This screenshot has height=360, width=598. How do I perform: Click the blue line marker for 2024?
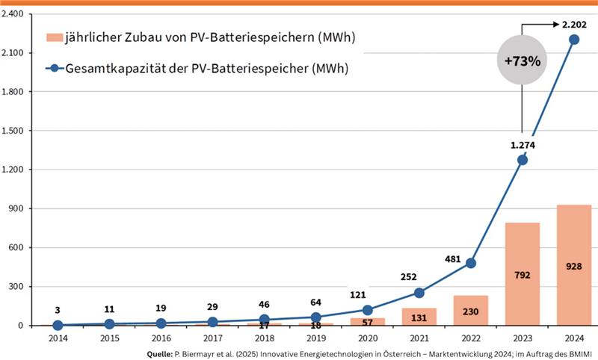(x=574, y=40)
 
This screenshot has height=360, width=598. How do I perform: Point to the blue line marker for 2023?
(x=523, y=160)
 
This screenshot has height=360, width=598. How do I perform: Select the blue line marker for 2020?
(x=367, y=310)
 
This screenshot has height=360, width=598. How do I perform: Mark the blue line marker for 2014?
(x=58, y=325)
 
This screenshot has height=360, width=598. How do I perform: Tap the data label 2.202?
(x=574, y=25)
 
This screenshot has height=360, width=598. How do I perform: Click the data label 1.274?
(x=523, y=145)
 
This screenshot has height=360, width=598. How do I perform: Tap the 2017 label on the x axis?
(x=212, y=337)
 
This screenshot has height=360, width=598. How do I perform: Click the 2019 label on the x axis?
(x=315, y=337)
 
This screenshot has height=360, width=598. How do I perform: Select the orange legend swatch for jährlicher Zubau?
(x=53, y=37)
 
